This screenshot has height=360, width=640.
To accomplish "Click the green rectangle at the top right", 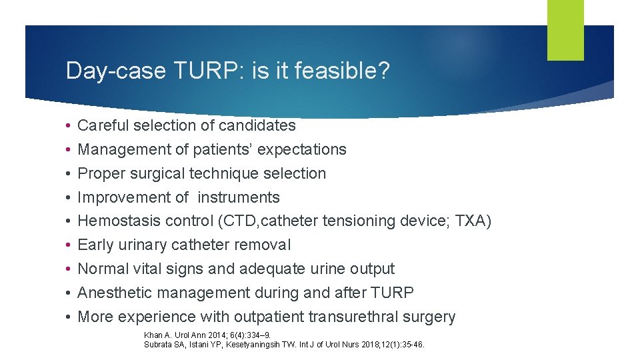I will click(x=565, y=29).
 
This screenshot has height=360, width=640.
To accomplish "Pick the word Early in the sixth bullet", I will click(x=96, y=245).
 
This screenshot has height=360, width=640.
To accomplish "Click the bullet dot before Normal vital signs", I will click(x=69, y=269).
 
